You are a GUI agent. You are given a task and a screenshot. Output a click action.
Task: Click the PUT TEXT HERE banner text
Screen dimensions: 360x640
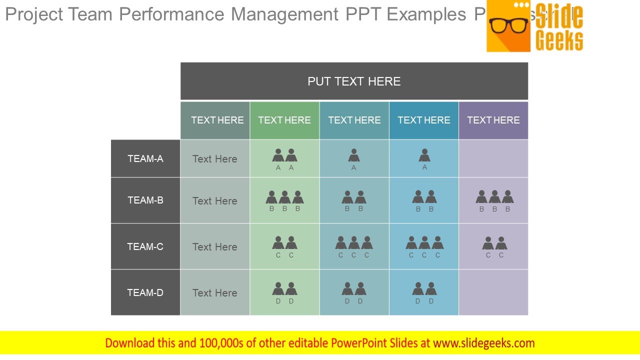[x=354, y=81]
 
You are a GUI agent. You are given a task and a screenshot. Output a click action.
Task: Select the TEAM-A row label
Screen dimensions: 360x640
[x=145, y=158]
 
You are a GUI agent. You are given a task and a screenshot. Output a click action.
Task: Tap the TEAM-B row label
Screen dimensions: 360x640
[x=145, y=200]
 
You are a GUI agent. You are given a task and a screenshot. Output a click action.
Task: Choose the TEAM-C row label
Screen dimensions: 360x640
[x=145, y=246]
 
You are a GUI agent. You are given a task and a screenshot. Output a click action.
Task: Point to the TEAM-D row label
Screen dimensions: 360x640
[x=145, y=292]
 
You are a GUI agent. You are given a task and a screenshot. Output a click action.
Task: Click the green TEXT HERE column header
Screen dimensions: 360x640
[x=284, y=120]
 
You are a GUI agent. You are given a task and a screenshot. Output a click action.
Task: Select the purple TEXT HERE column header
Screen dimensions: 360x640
[x=493, y=120]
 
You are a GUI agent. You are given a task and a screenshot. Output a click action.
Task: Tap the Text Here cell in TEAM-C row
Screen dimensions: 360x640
[x=215, y=247]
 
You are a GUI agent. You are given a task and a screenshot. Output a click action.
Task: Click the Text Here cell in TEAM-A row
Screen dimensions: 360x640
[x=215, y=159]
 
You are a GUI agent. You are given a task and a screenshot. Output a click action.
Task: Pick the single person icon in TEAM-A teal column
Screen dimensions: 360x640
[x=354, y=155]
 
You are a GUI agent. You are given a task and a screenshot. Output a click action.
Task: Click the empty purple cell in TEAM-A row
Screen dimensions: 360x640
[x=493, y=158]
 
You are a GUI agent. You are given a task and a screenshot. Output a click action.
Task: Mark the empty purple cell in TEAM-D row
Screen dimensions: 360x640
[x=493, y=292]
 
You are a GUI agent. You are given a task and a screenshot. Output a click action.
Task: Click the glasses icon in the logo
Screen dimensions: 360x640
[x=508, y=25]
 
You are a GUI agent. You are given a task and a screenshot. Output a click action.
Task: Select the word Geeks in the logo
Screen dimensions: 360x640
[x=559, y=40]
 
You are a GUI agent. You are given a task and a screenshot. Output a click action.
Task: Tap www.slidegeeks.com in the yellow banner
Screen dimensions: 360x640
[x=484, y=343]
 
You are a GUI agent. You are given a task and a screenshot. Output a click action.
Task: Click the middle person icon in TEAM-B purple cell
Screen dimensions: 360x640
[x=494, y=197]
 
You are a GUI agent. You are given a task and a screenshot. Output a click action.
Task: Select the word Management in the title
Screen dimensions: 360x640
[x=284, y=14]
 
